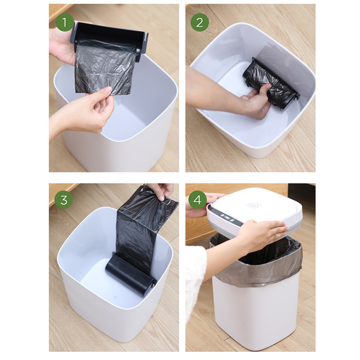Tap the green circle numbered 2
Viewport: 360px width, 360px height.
199,22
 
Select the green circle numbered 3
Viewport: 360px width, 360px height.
64,200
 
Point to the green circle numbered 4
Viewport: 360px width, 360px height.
197,199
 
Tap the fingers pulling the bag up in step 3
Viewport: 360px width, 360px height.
161,191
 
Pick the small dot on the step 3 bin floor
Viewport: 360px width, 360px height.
115,298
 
